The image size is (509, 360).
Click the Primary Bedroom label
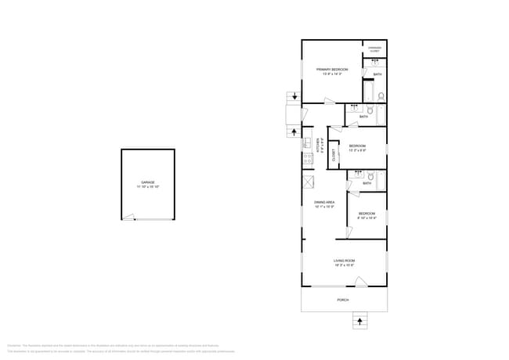tap(332, 71)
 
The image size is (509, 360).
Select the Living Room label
tap(345, 262)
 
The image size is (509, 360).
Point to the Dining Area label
tap(324, 204)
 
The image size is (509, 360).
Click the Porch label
tap(343, 300)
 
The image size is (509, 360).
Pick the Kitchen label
tap(319, 145)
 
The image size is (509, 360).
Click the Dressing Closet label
tap(374, 49)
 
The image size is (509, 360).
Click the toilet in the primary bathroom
tap(381, 97)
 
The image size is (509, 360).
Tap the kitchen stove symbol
tap(308, 157)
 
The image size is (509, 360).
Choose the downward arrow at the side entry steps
tap(294, 96)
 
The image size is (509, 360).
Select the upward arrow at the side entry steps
tap(294, 131)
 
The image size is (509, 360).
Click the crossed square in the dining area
tap(309, 181)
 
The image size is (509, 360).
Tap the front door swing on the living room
tap(359, 281)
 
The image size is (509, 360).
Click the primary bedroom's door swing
tap(329, 99)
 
